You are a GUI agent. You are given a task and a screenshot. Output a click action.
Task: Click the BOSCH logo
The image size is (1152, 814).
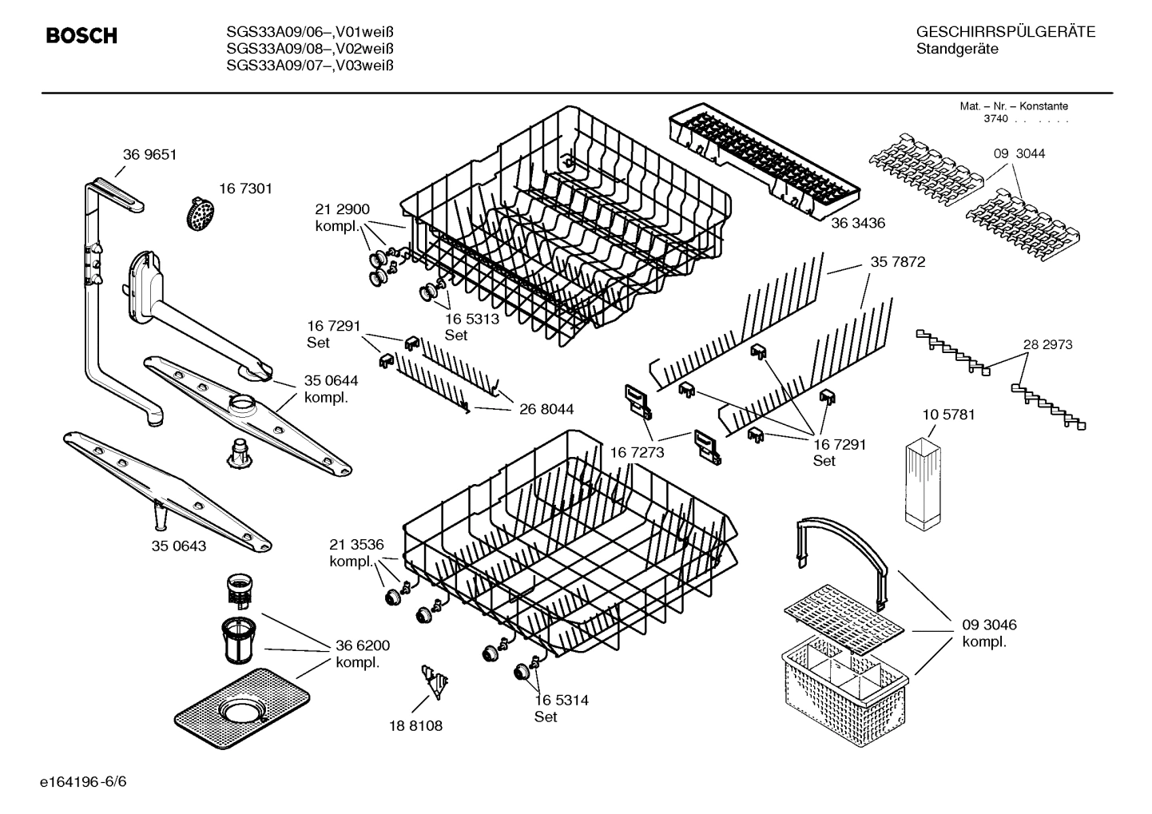pyautogui.click(x=81, y=36)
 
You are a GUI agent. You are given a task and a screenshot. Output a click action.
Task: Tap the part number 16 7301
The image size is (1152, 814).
pyautogui.click(x=245, y=189)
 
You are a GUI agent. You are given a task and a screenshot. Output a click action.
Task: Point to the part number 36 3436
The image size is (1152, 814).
pyautogui.click(x=858, y=224)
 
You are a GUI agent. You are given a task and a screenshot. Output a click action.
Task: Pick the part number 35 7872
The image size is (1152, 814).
pyautogui.click(x=897, y=261)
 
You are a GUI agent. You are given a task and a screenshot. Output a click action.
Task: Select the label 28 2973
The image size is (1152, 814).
pyautogui.click(x=1047, y=344)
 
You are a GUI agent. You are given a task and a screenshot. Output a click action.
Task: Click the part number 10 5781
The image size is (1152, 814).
pyautogui.click(x=948, y=415)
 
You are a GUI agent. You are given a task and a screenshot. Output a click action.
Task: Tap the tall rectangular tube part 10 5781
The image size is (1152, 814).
pyautogui.click(x=925, y=485)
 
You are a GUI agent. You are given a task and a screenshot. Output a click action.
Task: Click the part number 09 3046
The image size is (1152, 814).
pyautogui.click(x=989, y=625)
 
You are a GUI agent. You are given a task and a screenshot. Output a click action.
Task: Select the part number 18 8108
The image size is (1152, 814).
pyautogui.click(x=415, y=726)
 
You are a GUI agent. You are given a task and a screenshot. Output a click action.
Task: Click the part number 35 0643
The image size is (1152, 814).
pyautogui.click(x=179, y=546)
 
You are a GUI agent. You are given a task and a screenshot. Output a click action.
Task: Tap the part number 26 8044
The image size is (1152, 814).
pyautogui.click(x=546, y=410)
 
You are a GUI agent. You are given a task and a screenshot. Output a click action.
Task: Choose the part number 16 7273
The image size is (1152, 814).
pyautogui.click(x=637, y=453)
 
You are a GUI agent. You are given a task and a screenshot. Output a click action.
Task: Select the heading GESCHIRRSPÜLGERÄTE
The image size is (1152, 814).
pyautogui.click(x=1005, y=32)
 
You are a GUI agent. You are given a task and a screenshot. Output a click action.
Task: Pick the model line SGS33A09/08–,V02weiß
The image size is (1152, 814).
pyautogui.click(x=310, y=49)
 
